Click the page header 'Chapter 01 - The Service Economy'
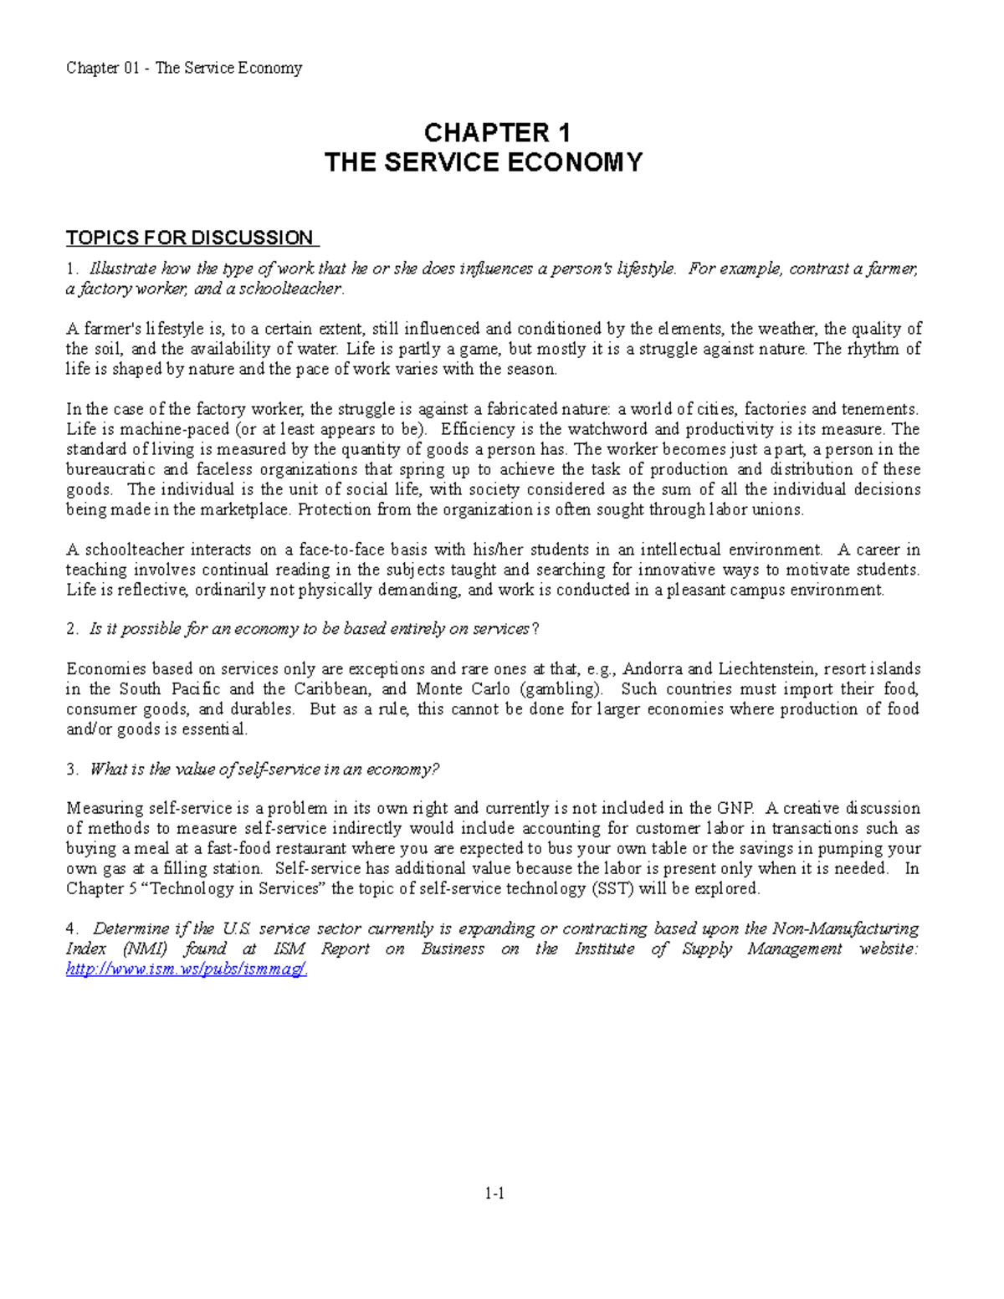[x=184, y=68]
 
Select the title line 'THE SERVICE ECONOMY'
[x=484, y=161]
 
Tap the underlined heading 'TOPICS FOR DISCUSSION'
[x=190, y=238]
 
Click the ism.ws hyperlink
[x=187, y=969]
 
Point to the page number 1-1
[x=494, y=1194]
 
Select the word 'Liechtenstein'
[x=766, y=669]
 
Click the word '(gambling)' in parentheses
[x=561, y=689]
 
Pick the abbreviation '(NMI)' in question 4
[x=144, y=949]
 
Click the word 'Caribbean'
[x=332, y=689]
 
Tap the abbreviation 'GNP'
[x=735, y=809]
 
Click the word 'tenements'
[x=878, y=410]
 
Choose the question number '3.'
[x=72, y=770]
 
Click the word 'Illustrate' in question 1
[x=123, y=269]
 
